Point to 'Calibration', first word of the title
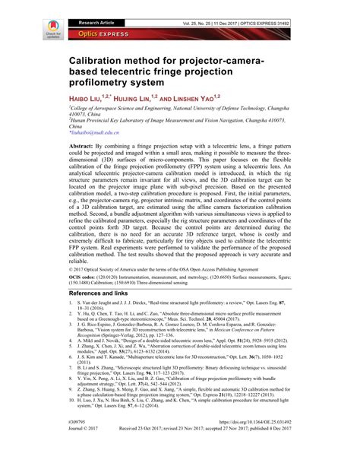click(109, 59)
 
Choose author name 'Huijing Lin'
click(149, 99)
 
